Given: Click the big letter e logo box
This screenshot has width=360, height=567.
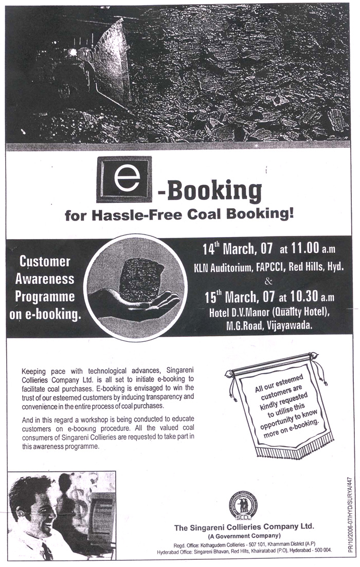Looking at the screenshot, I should click(x=124, y=179).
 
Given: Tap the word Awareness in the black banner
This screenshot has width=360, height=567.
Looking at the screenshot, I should click(x=45, y=279).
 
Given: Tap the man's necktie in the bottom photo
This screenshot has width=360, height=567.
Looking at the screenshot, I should click(x=46, y=551).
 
